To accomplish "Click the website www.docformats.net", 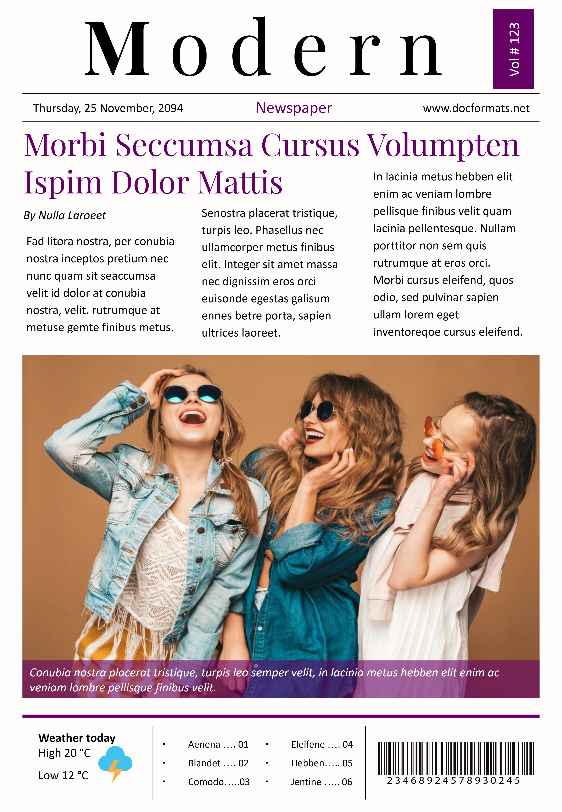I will click(476, 108).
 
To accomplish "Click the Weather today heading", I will click(77, 738).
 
